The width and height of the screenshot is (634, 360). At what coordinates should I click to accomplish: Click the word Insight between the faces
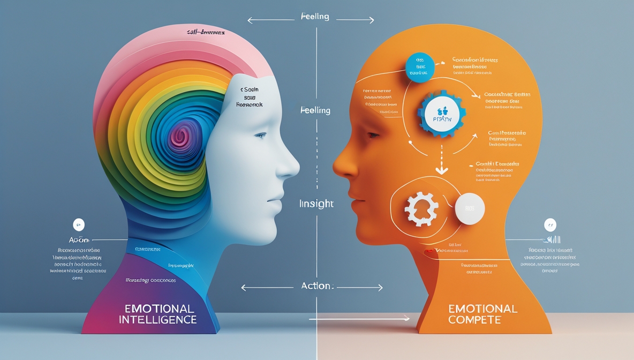(316, 204)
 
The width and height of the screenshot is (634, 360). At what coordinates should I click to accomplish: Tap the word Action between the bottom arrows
(316, 286)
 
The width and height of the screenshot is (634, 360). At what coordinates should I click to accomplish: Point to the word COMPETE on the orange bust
(475, 320)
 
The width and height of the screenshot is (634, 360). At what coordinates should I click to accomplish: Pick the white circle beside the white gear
(470, 209)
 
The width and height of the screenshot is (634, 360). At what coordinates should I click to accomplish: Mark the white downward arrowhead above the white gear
(441, 171)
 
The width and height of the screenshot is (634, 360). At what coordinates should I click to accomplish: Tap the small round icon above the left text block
(79, 224)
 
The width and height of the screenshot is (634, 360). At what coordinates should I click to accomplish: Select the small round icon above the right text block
(549, 224)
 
